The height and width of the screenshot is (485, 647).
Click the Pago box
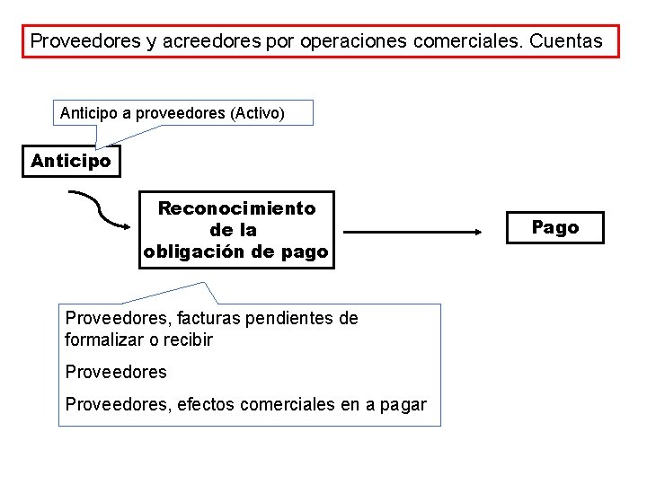(x=554, y=227)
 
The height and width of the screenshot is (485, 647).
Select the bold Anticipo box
(x=71, y=162)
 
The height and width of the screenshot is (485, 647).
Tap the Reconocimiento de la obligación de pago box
(x=236, y=230)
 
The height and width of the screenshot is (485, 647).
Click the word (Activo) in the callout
(x=258, y=113)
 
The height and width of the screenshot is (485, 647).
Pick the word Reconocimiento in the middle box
(x=236, y=208)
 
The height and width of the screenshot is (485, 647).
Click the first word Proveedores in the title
(x=76, y=41)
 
